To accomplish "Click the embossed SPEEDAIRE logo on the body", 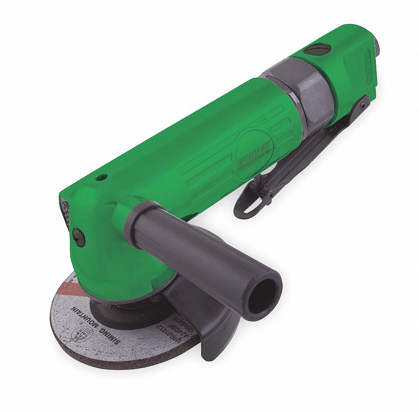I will pyautogui.click(x=254, y=153).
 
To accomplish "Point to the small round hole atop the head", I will pyautogui.click(x=102, y=177).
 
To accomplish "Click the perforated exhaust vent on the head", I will pyautogui.click(x=66, y=211).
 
